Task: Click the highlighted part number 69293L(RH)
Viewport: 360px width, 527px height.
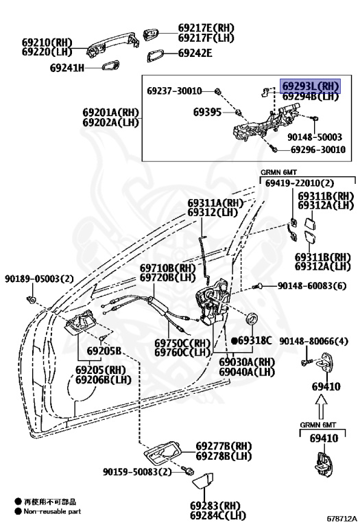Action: (x=311, y=86)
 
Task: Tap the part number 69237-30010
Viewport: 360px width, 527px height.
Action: (x=174, y=91)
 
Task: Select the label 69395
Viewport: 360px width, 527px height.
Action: (x=207, y=112)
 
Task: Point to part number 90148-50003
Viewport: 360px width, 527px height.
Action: (x=315, y=137)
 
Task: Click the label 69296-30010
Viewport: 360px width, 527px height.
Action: (x=317, y=149)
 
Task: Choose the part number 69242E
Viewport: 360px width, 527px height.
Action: (x=195, y=53)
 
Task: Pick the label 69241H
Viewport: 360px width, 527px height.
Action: (x=67, y=68)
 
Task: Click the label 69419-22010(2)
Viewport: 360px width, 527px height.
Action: (x=300, y=183)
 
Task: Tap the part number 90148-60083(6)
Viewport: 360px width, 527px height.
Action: (x=311, y=285)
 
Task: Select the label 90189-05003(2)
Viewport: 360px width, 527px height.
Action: (x=39, y=279)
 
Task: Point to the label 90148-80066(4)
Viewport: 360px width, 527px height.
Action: (x=313, y=341)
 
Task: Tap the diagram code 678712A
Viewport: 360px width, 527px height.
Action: (x=342, y=519)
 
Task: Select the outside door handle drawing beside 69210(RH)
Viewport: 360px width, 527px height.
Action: (x=113, y=43)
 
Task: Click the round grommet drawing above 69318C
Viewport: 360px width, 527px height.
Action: (x=252, y=318)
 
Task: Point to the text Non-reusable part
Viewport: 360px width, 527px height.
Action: (x=52, y=511)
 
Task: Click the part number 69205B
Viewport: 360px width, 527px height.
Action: (x=104, y=351)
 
